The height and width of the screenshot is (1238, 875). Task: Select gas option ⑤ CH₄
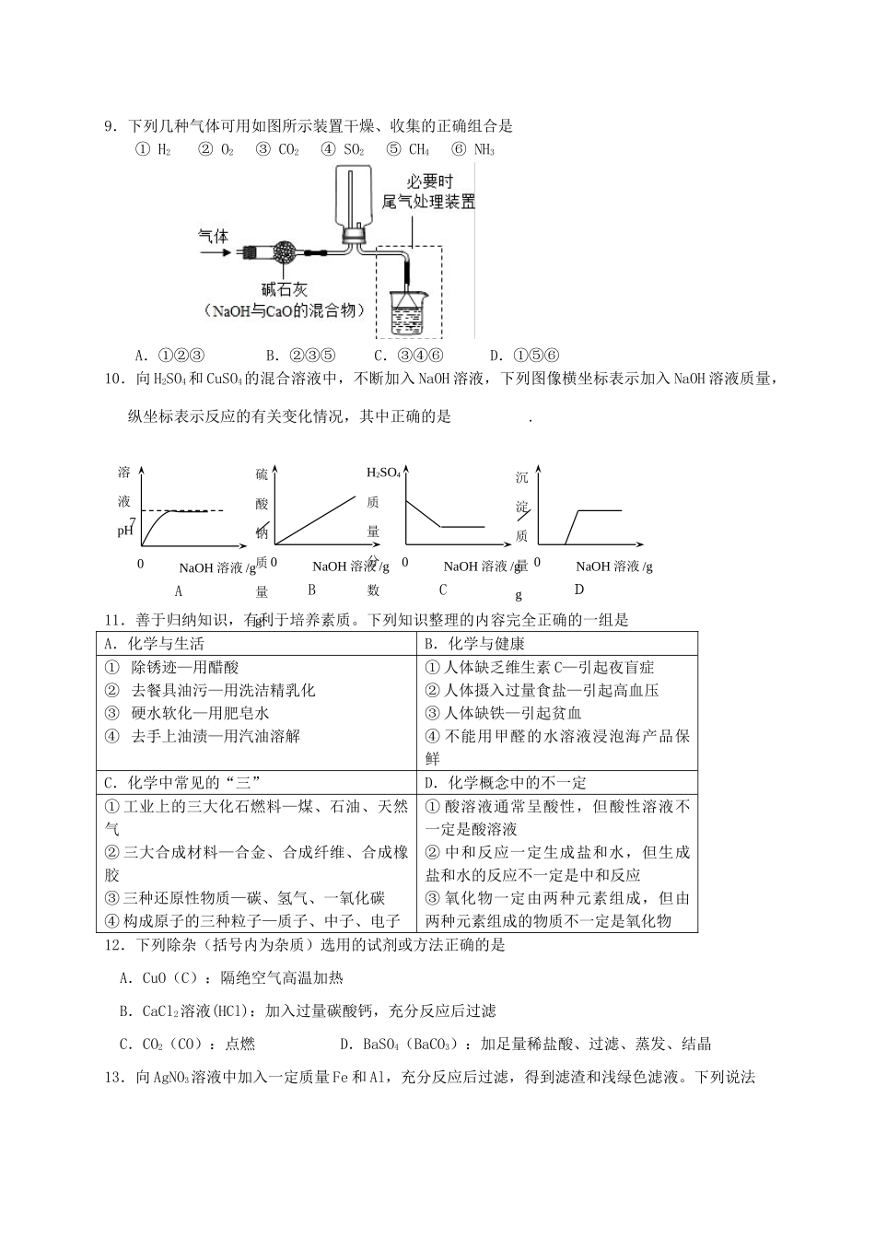408,149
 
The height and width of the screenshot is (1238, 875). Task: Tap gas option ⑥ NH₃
473,149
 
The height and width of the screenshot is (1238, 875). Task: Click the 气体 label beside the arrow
214,237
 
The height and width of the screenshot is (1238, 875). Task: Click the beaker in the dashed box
408,311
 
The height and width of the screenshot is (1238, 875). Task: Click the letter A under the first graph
178,590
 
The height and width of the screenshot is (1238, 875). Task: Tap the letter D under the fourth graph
578,590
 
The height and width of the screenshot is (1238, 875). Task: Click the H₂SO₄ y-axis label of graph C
383,473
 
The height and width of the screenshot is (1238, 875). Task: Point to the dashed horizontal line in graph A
184,510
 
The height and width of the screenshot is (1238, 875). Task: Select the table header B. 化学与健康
472,644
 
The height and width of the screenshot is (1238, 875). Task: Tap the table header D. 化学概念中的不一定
505,783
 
